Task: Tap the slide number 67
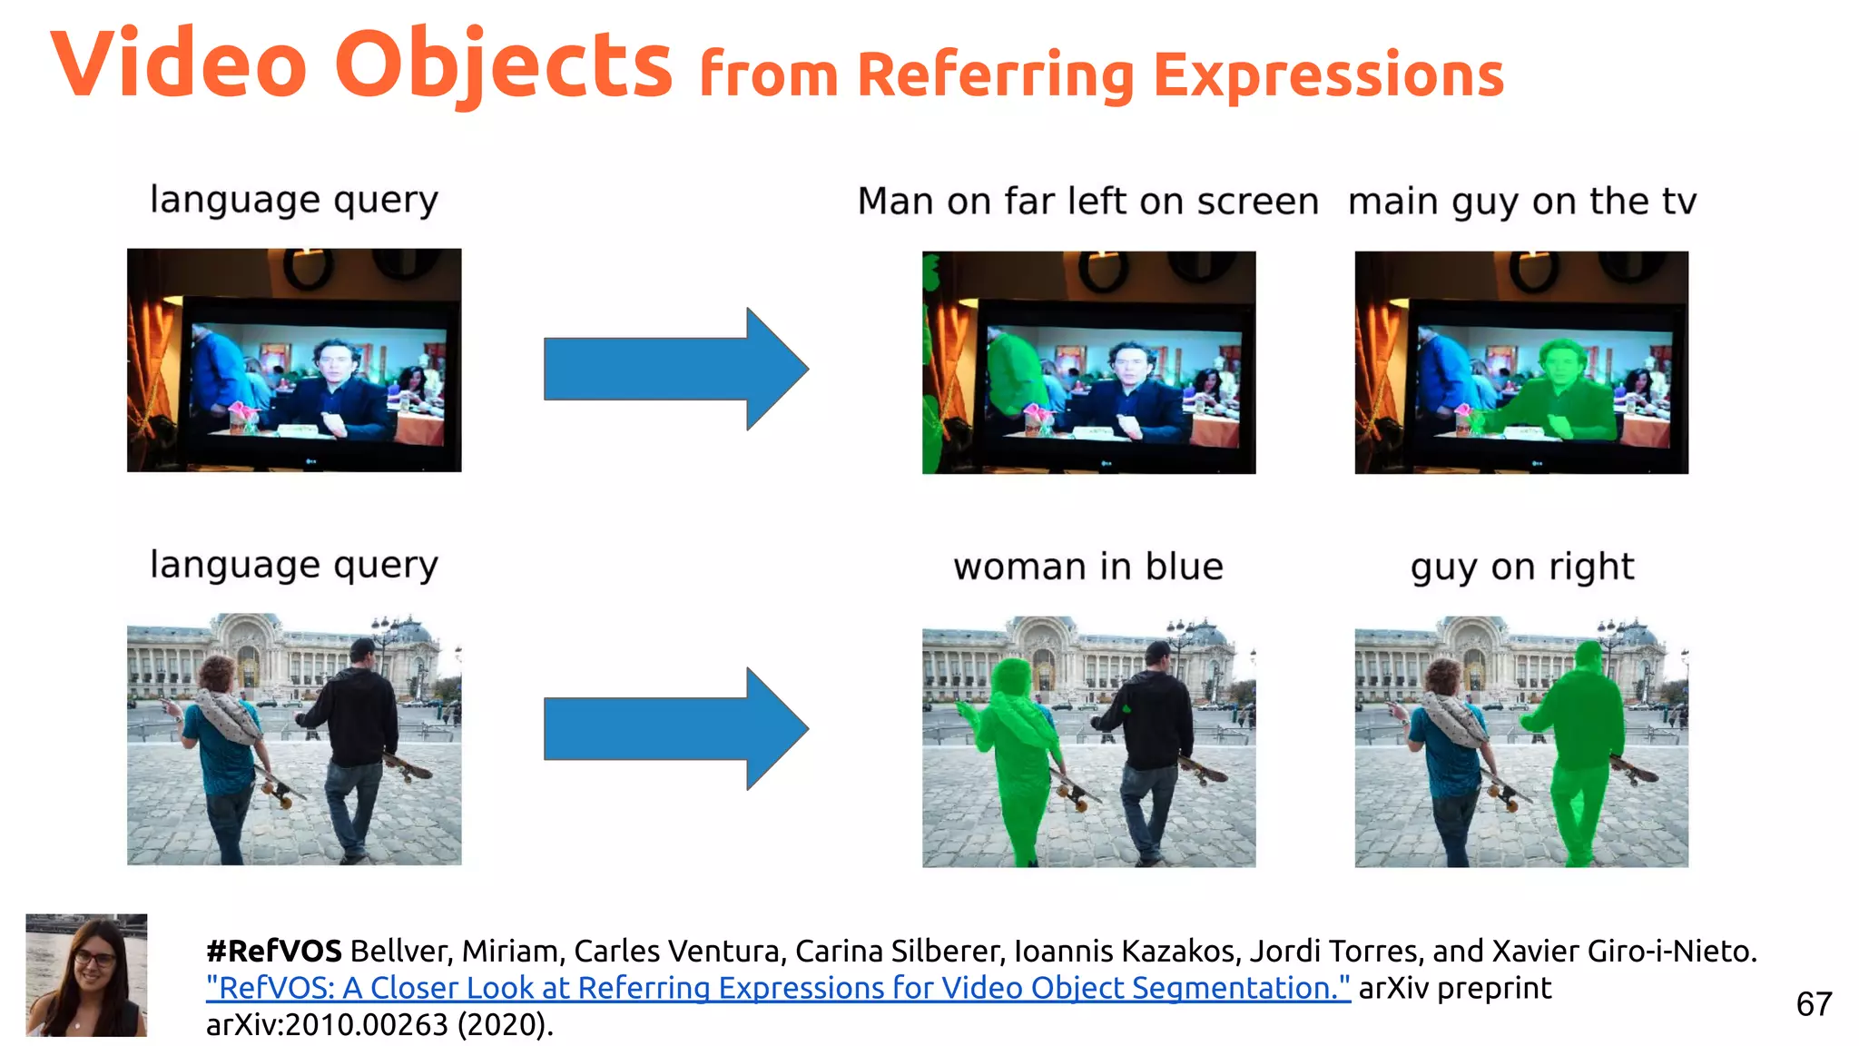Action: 1813,1004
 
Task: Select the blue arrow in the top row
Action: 675,369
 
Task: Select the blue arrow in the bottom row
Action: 675,728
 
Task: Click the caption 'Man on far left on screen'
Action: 1087,201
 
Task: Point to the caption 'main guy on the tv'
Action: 1521,201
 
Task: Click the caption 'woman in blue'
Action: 1087,567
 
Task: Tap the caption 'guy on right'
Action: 1521,567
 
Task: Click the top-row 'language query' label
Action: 293,200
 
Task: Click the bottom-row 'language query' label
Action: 293,565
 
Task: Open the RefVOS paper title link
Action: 778,988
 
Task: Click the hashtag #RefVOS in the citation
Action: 273,951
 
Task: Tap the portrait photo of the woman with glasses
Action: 86,975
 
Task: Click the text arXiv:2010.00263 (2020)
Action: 379,1024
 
